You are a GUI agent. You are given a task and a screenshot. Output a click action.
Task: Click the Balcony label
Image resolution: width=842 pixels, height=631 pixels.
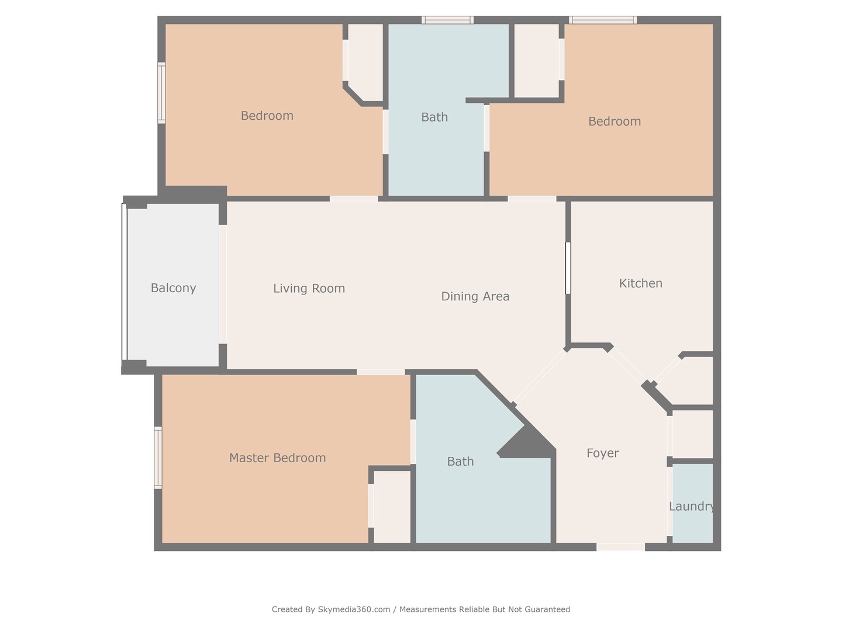click(x=173, y=288)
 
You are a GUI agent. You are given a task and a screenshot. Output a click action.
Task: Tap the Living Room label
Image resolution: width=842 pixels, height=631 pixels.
click(x=309, y=288)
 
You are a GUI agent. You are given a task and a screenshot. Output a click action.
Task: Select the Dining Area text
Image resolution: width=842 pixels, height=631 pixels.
click(x=475, y=296)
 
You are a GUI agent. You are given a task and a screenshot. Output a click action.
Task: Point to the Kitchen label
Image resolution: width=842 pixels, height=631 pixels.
click(x=640, y=283)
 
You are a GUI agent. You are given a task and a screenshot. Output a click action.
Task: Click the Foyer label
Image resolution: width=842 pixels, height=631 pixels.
click(x=602, y=453)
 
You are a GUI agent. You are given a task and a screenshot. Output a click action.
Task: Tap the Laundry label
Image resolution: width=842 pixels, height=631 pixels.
click(x=692, y=507)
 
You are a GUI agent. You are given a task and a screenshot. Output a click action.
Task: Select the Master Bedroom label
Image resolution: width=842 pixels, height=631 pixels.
click(x=277, y=458)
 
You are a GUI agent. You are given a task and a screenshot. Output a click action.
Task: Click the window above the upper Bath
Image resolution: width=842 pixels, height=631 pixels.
click(x=447, y=20)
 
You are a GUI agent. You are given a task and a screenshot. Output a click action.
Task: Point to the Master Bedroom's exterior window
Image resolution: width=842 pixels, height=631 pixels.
click(x=158, y=457)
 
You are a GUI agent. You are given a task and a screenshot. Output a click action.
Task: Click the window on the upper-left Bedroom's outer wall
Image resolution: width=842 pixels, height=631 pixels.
click(x=161, y=93)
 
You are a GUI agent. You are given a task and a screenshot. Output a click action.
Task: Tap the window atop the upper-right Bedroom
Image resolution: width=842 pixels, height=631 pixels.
click(x=603, y=20)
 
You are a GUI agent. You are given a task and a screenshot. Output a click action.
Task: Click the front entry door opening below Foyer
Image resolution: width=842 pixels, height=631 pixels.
click(x=620, y=547)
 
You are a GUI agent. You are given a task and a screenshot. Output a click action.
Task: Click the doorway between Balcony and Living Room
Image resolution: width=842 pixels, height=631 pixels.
click(x=223, y=285)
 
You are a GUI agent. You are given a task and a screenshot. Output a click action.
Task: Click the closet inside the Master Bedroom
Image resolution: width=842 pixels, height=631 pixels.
click(x=392, y=507)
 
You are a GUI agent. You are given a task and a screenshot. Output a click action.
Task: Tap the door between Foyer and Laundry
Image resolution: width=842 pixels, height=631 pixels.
click(x=670, y=501)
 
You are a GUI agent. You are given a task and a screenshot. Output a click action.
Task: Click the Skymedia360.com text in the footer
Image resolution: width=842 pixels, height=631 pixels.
click(x=354, y=609)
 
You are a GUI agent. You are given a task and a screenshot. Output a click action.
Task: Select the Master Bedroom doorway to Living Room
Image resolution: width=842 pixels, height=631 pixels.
click(x=381, y=372)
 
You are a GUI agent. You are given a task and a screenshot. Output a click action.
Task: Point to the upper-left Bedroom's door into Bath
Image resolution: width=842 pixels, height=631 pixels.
click(x=385, y=132)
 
